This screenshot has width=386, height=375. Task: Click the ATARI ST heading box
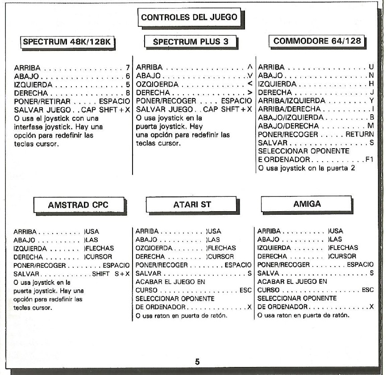(x=192, y=204)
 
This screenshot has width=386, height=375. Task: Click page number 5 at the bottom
(x=197, y=362)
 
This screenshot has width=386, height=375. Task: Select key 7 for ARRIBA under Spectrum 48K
(x=128, y=68)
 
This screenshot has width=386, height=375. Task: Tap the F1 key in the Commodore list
(x=369, y=159)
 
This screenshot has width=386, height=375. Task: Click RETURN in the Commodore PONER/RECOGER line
(x=359, y=134)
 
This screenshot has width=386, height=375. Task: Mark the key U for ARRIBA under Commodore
(x=371, y=67)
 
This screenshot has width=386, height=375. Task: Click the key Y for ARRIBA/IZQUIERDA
(x=371, y=101)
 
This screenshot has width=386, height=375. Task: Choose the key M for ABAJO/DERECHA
(x=370, y=126)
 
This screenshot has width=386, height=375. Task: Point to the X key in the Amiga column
(x=371, y=307)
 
